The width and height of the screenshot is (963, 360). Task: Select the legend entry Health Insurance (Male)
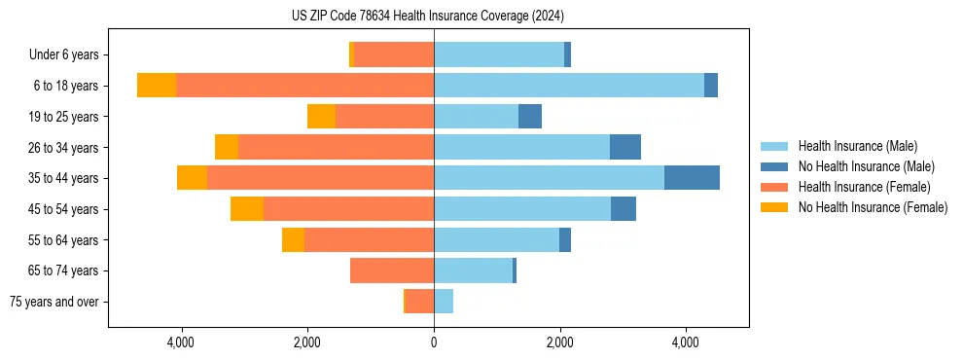point(856,146)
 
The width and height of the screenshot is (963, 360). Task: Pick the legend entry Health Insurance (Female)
point(864,187)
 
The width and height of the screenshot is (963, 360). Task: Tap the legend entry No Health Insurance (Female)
point(873,207)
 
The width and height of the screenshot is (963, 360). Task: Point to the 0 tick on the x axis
point(434,342)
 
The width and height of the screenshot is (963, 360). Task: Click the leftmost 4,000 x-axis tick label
point(182,342)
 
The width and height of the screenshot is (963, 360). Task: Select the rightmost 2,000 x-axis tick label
point(559,342)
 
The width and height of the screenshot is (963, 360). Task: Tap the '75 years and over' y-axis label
point(54,302)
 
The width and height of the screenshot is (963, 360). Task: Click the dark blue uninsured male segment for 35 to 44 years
point(692,178)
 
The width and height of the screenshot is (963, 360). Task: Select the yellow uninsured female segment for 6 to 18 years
point(157,86)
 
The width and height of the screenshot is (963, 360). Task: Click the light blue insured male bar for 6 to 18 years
point(569,86)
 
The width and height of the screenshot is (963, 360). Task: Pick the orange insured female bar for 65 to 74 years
point(392,270)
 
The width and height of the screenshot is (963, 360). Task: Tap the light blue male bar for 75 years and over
point(444,302)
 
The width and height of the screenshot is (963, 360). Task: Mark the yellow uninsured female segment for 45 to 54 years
point(247,209)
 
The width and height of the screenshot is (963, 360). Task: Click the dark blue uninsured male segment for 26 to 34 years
point(625,147)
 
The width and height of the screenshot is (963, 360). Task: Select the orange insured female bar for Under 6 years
point(394,55)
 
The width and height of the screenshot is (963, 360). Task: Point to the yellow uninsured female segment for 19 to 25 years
point(322,117)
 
